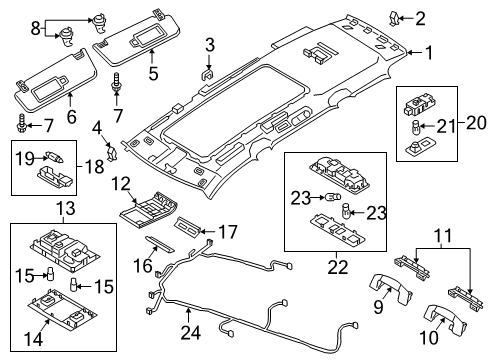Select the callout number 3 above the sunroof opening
[x=210, y=43]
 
